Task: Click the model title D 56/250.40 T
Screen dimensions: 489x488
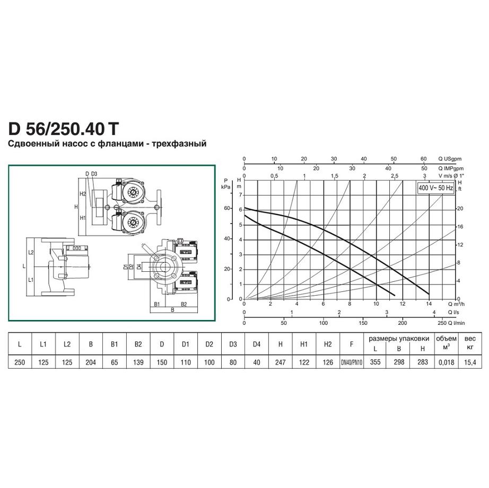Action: (x=64, y=129)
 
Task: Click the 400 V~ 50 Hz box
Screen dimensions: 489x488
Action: (x=435, y=188)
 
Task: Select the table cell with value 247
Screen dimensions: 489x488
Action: (x=281, y=362)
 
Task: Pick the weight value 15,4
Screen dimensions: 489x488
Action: (x=470, y=362)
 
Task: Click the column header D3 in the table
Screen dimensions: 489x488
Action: (x=233, y=344)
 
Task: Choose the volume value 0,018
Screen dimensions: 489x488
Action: (x=446, y=362)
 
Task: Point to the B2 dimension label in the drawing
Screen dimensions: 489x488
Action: (x=184, y=304)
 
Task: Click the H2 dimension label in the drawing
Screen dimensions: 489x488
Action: (x=82, y=194)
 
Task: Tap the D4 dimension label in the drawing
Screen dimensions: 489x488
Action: (x=139, y=266)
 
